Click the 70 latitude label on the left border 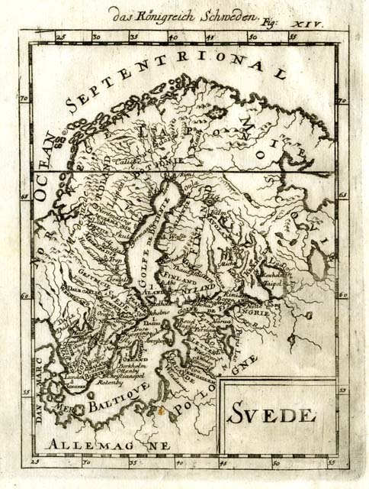pyautogui.click(x=24, y=99)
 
